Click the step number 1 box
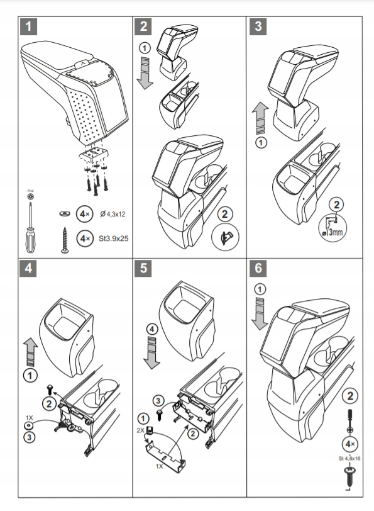click(30, 27)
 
